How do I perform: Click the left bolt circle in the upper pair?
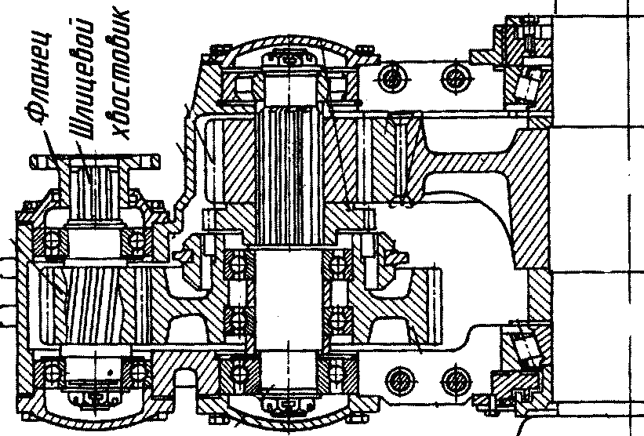point(391,77)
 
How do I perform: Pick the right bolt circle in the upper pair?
point(453,76)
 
